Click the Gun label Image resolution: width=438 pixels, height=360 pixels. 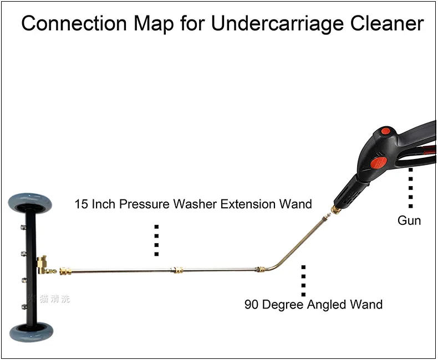pos(409,220)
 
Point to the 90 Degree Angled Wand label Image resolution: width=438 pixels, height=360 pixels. pos(313,304)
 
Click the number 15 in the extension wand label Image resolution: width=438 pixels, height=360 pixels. pos(82,204)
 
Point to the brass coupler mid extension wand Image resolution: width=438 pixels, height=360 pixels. pos(177,270)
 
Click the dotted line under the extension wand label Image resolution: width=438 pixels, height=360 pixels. pos(157,240)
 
